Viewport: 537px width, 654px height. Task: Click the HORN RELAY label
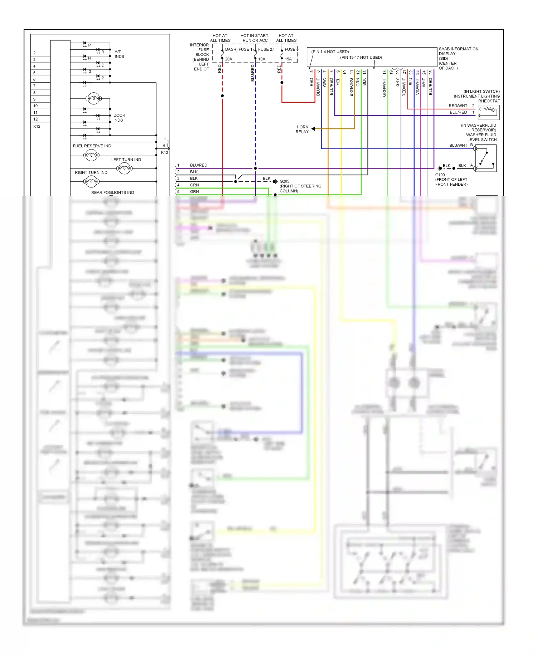click(x=302, y=129)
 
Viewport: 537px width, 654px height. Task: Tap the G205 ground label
click(x=284, y=181)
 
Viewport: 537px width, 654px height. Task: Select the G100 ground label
click(x=440, y=175)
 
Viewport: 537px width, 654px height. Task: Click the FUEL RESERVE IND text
click(x=92, y=146)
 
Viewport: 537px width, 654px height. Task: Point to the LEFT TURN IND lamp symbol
click(x=124, y=168)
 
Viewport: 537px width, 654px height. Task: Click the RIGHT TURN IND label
click(x=91, y=172)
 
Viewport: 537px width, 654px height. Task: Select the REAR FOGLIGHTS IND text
click(x=112, y=192)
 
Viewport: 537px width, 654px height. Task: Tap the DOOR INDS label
click(x=119, y=118)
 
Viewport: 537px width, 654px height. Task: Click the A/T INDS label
click(x=119, y=54)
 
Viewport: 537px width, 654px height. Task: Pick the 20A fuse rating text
click(x=228, y=59)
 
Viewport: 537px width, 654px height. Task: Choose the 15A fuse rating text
click(x=288, y=59)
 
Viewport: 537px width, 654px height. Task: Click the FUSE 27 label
click(x=266, y=49)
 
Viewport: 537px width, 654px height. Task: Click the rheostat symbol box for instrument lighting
click(x=489, y=112)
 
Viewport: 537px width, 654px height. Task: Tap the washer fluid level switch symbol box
click(x=486, y=158)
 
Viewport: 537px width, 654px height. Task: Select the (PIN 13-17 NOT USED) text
click(x=361, y=58)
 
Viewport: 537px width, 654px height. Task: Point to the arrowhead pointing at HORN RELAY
click(x=313, y=129)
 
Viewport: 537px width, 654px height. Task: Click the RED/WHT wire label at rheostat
click(x=458, y=106)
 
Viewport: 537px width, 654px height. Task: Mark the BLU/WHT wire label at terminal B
click(x=458, y=146)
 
